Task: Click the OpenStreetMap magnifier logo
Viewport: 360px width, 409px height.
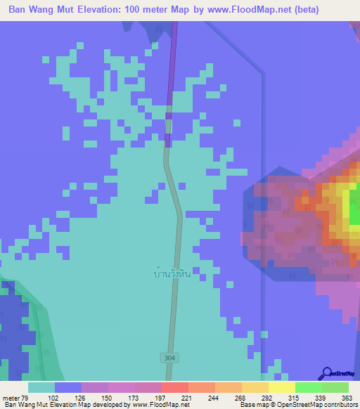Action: (x=326, y=373)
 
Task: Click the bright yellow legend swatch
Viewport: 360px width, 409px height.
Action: (x=281, y=387)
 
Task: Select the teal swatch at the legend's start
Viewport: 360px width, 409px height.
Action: (x=41, y=387)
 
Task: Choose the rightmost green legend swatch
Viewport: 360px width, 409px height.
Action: (x=335, y=387)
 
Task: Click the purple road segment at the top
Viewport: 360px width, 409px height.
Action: (x=171, y=77)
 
